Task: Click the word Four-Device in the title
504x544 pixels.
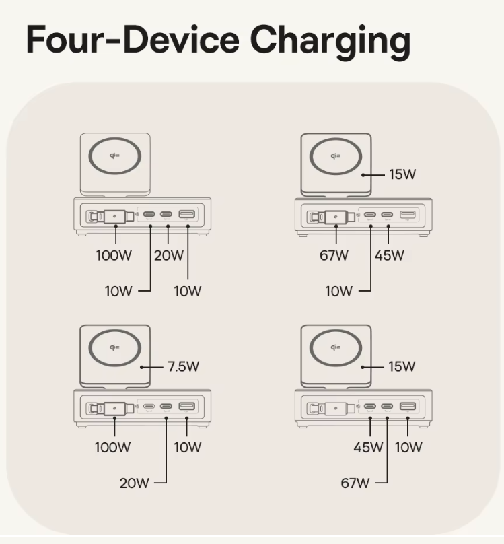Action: (132, 40)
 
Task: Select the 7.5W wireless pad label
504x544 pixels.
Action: (184, 367)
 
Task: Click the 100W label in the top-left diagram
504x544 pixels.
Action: (112, 256)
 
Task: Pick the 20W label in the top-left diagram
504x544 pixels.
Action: (168, 256)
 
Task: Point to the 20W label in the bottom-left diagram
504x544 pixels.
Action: (135, 483)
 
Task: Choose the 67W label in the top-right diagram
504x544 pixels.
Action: (334, 256)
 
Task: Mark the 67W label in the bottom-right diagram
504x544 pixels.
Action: (355, 483)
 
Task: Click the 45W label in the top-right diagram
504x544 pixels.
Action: (389, 256)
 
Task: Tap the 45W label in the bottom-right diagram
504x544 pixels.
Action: (368, 448)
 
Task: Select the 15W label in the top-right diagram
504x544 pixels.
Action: (402, 174)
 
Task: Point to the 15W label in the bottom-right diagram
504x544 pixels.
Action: (402, 367)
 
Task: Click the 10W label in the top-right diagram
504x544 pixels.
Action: (338, 292)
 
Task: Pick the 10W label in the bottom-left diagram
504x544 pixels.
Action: (187, 448)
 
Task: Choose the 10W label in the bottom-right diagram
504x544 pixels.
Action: (408, 448)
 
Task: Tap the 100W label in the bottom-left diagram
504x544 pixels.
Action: (112, 448)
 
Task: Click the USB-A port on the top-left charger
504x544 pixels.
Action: (187, 215)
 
